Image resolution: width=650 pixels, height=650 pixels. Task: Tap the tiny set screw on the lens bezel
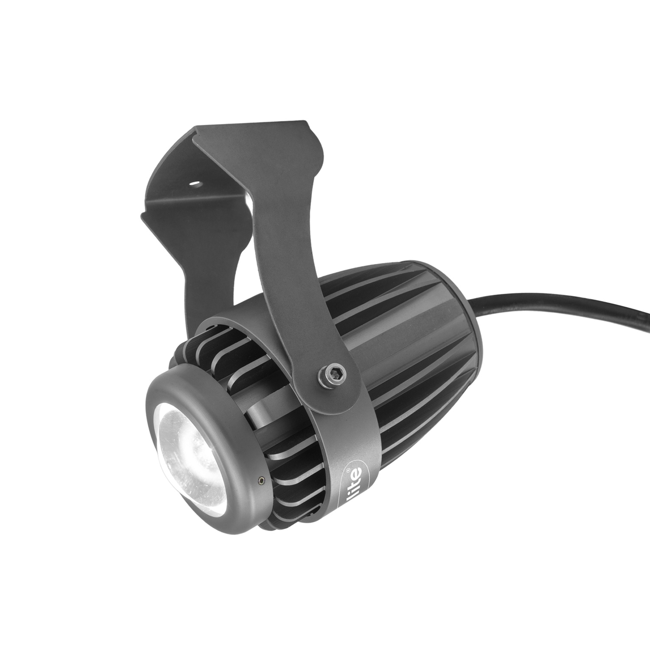(261, 479)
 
